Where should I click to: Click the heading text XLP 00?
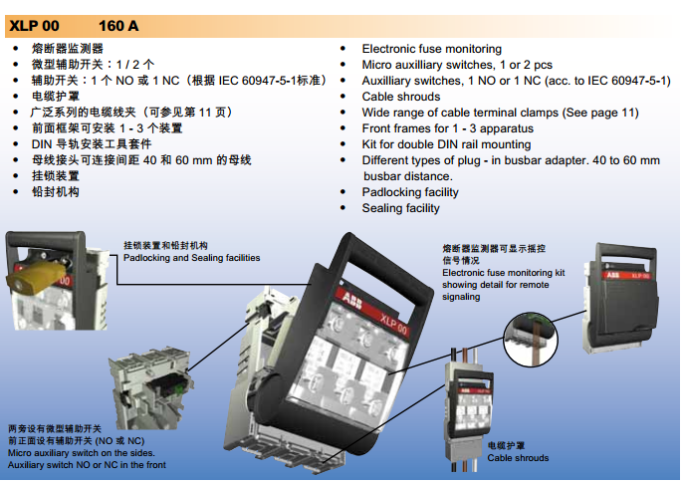tap(35, 26)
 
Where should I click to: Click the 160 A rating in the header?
tap(118, 26)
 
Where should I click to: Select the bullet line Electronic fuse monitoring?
tap(431, 49)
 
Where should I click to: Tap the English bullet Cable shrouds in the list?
tap(401, 97)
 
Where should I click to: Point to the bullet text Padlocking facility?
tap(410, 192)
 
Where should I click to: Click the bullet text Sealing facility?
tap(400, 208)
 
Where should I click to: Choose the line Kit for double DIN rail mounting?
tap(446, 144)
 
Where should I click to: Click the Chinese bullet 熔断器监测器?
tap(67, 49)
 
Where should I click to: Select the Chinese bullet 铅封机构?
tap(56, 192)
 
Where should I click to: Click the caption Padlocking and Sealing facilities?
tap(191, 258)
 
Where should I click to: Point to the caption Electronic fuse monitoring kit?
tap(504, 273)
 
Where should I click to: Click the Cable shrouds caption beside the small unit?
tap(518, 458)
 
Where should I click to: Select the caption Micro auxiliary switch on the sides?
tap(81, 453)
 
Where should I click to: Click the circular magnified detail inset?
tap(531, 340)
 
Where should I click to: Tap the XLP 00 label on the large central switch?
tap(393, 324)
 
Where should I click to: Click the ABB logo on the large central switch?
tap(351, 300)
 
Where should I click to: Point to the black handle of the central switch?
tap(378, 266)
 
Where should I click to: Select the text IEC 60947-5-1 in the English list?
tap(628, 81)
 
